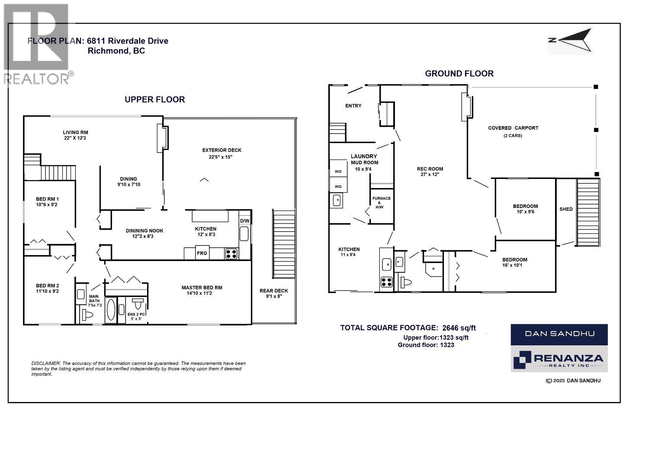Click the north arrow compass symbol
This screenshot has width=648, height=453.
[571, 40]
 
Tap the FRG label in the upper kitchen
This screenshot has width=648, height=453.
[202, 253]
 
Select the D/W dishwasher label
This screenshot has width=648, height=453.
[245, 221]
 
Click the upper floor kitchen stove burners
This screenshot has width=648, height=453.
[231, 254]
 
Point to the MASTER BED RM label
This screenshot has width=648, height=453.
[202, 287]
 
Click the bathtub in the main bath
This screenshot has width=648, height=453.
[111, 310]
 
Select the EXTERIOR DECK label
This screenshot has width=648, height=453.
[222, 150]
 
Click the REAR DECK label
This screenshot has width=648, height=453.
[273, 290]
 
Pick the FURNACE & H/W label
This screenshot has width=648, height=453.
[382, 202]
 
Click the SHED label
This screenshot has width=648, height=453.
[566, 209]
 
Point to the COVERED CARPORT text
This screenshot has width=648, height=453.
[513, 128]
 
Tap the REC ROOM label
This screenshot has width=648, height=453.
[430, 169]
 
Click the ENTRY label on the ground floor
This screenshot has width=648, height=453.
[353, 106]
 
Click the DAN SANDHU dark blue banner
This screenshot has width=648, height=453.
[559, 334]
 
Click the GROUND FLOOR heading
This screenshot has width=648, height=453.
[459, 73]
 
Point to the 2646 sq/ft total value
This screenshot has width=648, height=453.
[459, 328]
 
